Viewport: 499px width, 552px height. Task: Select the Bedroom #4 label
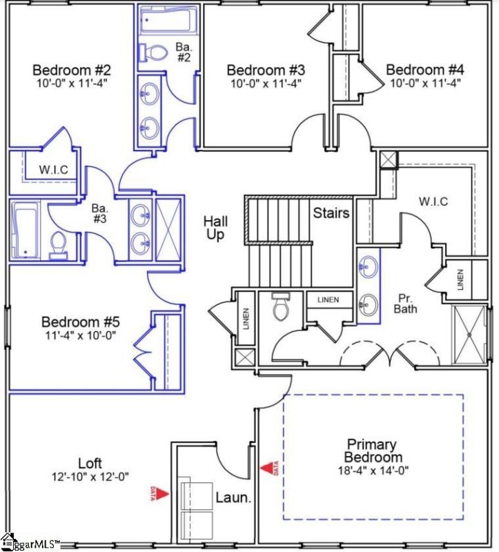[424, 70]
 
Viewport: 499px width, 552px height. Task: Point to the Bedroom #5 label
[81, 322]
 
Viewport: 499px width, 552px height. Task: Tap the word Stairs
[331, 213]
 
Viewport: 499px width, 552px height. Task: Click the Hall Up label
[215, 228]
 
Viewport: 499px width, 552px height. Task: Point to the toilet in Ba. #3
[59, 244]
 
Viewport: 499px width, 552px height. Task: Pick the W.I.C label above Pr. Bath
[433, 201]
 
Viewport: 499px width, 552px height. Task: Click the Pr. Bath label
[405, 304]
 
